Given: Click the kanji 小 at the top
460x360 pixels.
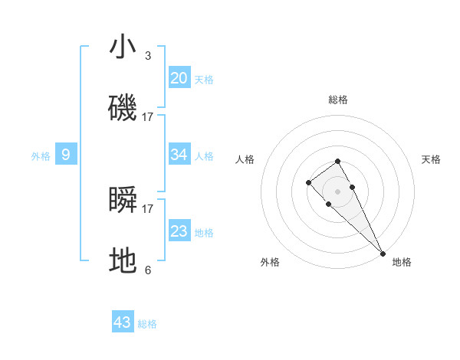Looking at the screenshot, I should [x=123, y=47].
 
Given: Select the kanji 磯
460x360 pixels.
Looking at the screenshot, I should [x=123, y=108].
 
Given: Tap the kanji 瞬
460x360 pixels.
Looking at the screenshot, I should [x=123, y=200].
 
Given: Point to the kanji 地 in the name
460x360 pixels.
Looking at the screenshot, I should [x=123, y=261].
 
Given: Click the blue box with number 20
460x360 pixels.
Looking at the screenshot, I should [x=179, y=77].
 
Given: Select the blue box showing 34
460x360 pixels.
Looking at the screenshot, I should [x=179, y=155].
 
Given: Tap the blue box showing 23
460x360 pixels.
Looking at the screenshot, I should [x=179, y=231].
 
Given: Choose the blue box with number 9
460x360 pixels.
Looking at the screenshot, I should [x=66, y=155].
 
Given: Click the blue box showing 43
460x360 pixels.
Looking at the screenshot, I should [x=123, y=322].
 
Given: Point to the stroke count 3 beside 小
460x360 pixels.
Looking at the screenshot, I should [x=148, y=55].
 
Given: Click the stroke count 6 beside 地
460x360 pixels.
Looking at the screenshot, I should [x=148, y=270].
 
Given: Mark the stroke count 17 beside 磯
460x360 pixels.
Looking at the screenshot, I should [x=148, y=116].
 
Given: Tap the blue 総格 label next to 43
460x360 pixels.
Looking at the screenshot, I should [x=147, y=324].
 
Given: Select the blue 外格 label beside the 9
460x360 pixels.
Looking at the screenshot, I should [x=41, y=156].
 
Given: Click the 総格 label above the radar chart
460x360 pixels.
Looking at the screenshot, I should [x=337, y=100].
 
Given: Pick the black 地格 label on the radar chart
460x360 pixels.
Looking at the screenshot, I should [x=402, y=262].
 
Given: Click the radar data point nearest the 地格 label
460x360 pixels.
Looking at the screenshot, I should [x=383, y=254].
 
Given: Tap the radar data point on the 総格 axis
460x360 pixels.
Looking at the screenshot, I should [x=337, y=161].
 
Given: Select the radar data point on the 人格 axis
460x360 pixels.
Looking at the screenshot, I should [x=308, y=182].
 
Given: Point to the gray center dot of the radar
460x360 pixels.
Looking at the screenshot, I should [x=337, y=191].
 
